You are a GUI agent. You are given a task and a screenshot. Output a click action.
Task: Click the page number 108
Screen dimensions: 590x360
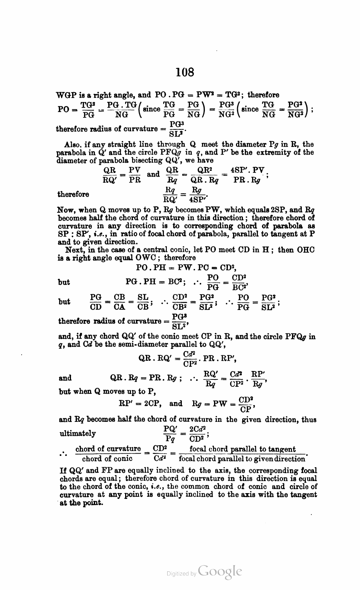pyautogui.click(x=185, y=72)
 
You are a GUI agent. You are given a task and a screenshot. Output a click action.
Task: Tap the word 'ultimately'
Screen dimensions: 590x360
pyautogui.click(x=78, y=434)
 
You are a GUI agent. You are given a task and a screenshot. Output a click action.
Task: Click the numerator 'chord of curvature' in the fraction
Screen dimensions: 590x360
pyautogui.click(x=108, y=449)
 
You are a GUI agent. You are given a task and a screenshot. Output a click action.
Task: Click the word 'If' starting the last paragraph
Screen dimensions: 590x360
pyautogui.click(x=62, y=470)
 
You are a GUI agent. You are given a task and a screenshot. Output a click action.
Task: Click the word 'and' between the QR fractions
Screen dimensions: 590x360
pyautogui.click(x=153, y=174)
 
